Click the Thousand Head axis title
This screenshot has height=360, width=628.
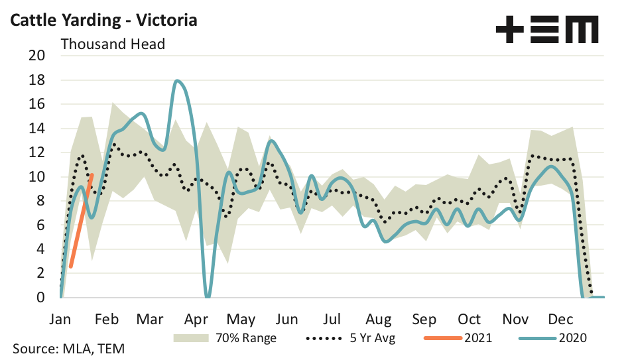[x=113, y=44]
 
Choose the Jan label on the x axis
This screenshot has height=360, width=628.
[x=60, y=319]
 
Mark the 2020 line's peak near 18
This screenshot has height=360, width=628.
[x=178, y=81]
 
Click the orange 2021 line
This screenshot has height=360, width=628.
[x=81, y=222]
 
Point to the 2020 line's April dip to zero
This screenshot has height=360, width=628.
[x=208, y=296]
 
